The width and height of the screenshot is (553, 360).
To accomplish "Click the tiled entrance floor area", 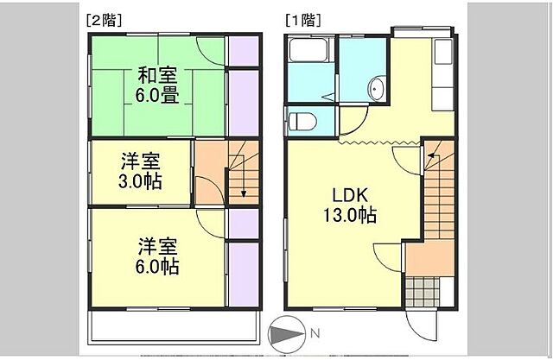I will click(423, 289).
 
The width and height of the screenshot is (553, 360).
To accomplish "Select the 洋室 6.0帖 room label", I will click(156, 256).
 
